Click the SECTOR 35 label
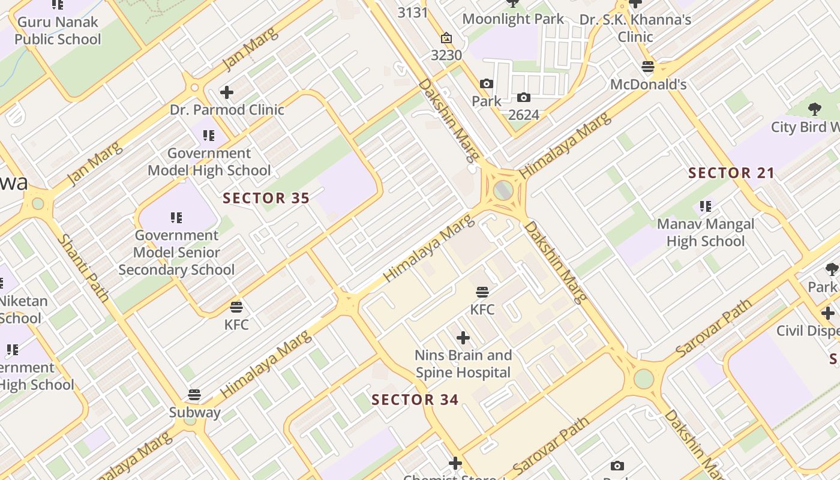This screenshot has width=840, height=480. [x=266, y=198]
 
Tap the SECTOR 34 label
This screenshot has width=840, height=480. [x=415, y=400]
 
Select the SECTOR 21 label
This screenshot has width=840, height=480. [x=731, y=173]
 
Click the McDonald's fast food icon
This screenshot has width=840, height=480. [x=648, y=67]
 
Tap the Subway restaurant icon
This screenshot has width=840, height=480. [x=194, y=395]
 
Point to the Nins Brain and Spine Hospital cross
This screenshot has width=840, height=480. [x=463, y=338]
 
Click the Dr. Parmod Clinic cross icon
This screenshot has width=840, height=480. [x=226, y=92]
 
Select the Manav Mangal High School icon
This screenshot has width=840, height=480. [x=706, y=207]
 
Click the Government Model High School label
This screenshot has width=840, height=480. [x=209, y=162]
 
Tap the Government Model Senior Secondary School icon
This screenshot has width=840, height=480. [x=176, y=217]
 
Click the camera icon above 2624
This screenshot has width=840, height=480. [x=524, y=97]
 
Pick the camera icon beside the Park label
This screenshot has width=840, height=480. [x=486, y=84]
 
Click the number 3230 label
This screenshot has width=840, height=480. [x=446, y=55]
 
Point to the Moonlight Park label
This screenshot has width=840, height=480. [x=513, y=19]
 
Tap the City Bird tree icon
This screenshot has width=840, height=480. [x=814, y=109]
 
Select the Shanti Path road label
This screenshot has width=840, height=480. [x=83, y=268]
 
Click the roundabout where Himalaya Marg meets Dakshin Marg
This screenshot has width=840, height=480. [x=503, y=191]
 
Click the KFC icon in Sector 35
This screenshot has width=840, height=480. [x=236, y=308]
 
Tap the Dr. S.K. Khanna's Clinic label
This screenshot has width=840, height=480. [x=635, y=28]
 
